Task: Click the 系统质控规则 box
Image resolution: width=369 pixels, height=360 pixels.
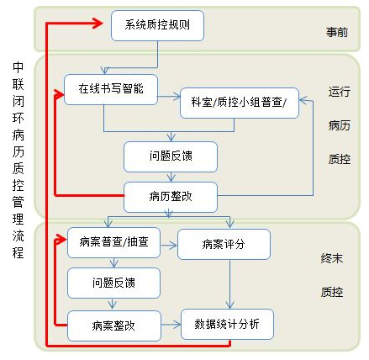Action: pyautogui.click(x=157, y=25)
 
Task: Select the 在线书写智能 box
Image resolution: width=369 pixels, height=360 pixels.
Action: pyautogui.click(x=111, y=89)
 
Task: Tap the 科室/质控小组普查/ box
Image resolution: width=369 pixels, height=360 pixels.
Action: pyautogui.click(x=240, y=103)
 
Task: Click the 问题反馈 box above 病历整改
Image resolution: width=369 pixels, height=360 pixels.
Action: pyautogui.click(x=171, y=156)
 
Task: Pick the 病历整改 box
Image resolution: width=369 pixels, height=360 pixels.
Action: pyautogui.click(x=171, y=197)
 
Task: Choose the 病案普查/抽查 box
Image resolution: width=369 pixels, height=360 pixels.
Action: pyautogui.click(x=113, y=242)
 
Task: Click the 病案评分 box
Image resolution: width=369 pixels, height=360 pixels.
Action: pyautogui.click(x=224, y=244)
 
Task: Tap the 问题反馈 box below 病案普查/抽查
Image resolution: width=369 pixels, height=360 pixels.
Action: pyautogui.click(x=113, y=283)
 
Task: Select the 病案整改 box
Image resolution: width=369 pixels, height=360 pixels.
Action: pyautogui.click(x=114, y=326)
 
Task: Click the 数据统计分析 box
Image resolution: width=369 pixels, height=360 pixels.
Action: pyautogui.click(x=227, y=324)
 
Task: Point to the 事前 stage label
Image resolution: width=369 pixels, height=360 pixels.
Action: pyautogui.click(x=337, y=32)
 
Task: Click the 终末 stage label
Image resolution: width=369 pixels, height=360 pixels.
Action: pyautogui.click(x=332, y=258)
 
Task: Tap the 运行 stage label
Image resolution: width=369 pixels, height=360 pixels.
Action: pyautogui.click(x=340, y=92)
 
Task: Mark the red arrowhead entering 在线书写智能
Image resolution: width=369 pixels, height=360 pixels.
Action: pyautogui.click(x=60, y=94)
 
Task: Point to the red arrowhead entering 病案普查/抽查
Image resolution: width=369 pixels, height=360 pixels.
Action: pyautogui.click(x=61, y=240)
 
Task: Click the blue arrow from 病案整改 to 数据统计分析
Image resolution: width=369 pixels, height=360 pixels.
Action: pyautogui.click(x=171, y=325)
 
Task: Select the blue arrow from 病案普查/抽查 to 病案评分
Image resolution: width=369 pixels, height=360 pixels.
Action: pyautogui.click(x=169, y=246)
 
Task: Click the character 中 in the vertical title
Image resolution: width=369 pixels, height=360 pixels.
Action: pyautogui.click(x=18, y=66)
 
